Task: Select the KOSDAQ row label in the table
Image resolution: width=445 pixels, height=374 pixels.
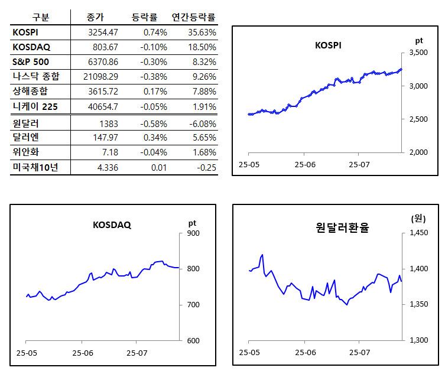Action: pyautogui.click(x=30, y=46)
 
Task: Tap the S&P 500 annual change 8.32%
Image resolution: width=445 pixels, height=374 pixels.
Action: pyautogui.click(x=200, y=61)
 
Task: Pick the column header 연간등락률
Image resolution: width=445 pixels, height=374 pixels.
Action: pyautogui.click(x=193, y=17)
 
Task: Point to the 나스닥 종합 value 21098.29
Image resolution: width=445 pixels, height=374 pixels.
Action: pyautogui.click(x=100, y=76)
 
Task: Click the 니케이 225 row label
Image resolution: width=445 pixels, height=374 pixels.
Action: pyautogui.click(x=35, y=106)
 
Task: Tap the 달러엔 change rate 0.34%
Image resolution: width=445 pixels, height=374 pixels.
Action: pyautogui.click(x=155, y=138)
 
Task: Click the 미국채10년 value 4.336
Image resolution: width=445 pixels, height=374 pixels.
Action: pyautogui.click(x=107, y=168)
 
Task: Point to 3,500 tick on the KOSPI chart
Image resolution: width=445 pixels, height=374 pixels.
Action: pyautogui.click(x=418, y=53)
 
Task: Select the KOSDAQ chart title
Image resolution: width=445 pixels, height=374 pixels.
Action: pyautogui.click(x=112, y=225)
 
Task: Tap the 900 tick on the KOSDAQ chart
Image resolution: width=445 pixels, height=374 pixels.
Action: pyautogui.click(x=193, y=233)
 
